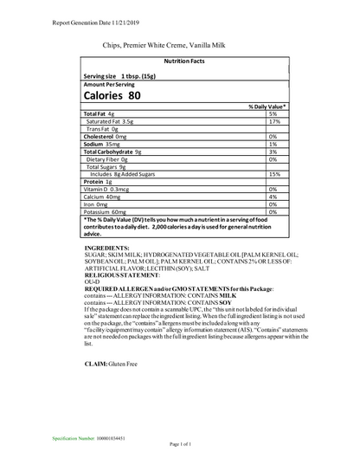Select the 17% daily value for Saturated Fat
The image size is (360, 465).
coord(273,121)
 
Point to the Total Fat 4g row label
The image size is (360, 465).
coord(99,114)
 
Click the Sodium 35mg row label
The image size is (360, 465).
coord(101,144)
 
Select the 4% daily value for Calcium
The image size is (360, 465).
coord(273,197)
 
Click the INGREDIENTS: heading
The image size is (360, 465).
coord(106,248)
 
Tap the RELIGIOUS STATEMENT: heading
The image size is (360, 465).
coord(122,274)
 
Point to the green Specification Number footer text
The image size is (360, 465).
coord(91,439)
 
